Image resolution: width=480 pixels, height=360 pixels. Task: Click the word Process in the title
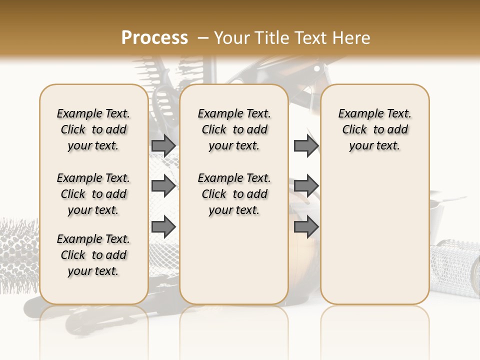click(x=154, y=37)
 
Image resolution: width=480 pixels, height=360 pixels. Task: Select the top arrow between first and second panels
click(x=163, y=145)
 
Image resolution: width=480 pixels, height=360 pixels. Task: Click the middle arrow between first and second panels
click(x=163, y=186)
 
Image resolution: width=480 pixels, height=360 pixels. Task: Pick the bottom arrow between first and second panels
click(x=163, y=227)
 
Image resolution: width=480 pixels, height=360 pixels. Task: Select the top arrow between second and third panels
click(x=306, y=145)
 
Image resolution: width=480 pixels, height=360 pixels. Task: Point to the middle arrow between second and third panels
click(x=306, y=186)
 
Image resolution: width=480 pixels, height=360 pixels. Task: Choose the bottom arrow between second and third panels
click(x=306, y=227)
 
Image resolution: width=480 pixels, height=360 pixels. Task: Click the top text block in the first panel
click(x=93, y=129)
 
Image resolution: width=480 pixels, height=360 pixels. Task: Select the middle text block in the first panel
click(x=93, y=194)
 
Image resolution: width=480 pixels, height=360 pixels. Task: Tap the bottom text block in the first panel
click(x=93, y=255)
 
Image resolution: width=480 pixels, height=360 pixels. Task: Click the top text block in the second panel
click(x=234, y=129)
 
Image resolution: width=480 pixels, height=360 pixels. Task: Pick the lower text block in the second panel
click(x=234, y=194)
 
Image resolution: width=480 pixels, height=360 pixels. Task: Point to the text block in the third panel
click(x=374, y=129)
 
